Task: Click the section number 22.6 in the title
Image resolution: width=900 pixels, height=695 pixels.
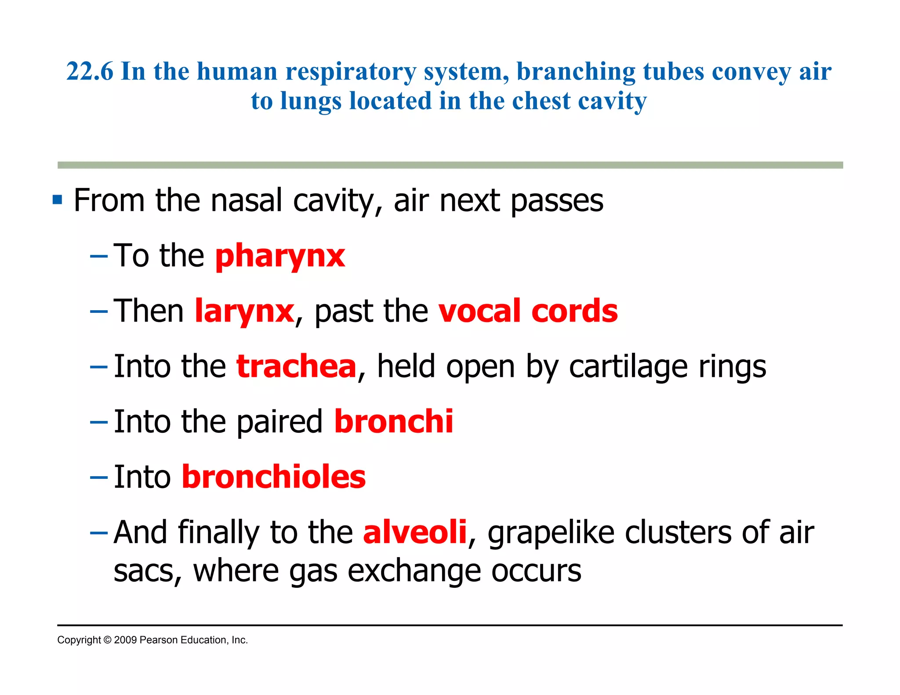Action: coord(90,71)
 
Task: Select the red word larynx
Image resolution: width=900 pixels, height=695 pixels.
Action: coord(244,311)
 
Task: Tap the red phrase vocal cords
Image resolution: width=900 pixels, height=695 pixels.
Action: coord(528,311)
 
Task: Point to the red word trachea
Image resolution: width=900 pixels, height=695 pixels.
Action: coord(296,366)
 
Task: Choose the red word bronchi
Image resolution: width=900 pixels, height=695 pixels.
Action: coord(393,422)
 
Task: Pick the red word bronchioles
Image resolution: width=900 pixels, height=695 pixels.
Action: coord(274,477)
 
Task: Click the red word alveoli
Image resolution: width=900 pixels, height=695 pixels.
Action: coord(414,532)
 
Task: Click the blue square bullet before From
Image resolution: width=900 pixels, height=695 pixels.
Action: coord(57,200)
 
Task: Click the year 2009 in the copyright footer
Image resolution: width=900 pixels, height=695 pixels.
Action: coord(125,640)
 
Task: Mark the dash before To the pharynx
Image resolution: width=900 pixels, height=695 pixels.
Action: coord(98,257)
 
